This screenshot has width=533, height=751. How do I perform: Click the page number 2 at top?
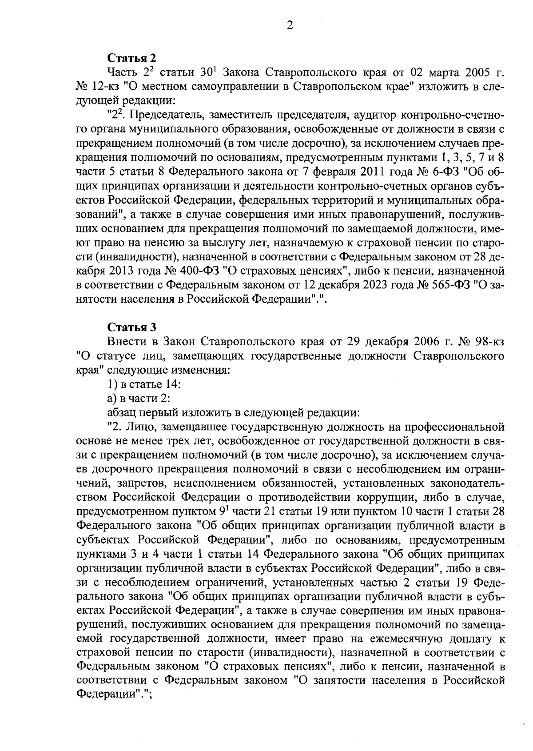(x=290, y=26)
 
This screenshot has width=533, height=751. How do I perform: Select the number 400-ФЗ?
(x=203, y=271)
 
